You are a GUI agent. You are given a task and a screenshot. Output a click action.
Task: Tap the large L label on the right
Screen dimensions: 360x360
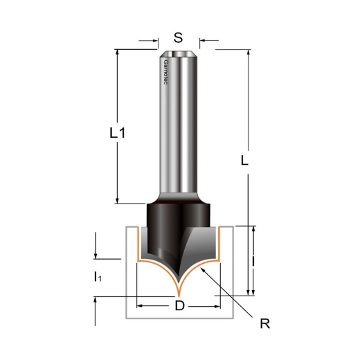(244, 161)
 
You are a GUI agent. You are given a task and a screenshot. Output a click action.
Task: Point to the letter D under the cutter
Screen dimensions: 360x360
(179, 306)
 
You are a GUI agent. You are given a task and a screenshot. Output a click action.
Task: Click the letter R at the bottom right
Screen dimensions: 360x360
(264, 323)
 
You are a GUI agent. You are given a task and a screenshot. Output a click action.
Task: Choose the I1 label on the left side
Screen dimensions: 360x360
(97, 278)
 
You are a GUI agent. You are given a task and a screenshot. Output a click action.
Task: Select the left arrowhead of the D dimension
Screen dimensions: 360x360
(141, 305)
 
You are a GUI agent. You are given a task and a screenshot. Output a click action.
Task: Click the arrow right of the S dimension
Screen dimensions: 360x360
(202, 40)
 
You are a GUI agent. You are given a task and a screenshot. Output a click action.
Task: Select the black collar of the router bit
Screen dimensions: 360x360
(179, 210)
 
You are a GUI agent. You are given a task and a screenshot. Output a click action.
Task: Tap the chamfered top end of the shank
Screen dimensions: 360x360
(179, 53)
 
